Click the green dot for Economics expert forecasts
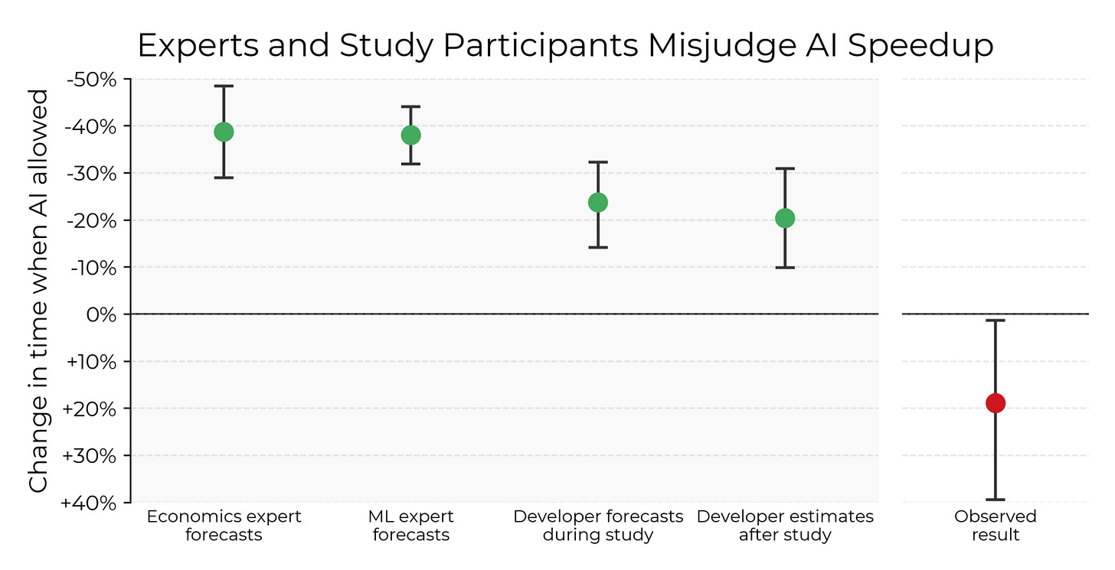pyautogui.click(x=224, y=132)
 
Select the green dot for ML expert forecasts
pyautogui.click(x=410, y=135)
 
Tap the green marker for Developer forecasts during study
pyautogui.click(x=598, y=202)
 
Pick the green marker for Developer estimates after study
pyautogui.click(x=785, y=218)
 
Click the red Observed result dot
pyautogui.click(x=995, y=402)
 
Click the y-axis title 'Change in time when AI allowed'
pyautogui.click(x=38, y=291)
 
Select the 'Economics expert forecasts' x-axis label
pyautogui.click(x=224, y=526)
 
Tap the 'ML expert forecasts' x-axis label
pyautogui.click(x=410, y=526)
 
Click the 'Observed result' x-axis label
pyautogui.click(x=995, y=526)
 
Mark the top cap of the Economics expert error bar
pyautogui.click(x=224, y=86)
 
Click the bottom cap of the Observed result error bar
pyautogui.click(x=995, y=500)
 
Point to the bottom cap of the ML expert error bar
pyautogui.click(x=410, y=164)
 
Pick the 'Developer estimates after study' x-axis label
pyautogui.click(x=785, y=526)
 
